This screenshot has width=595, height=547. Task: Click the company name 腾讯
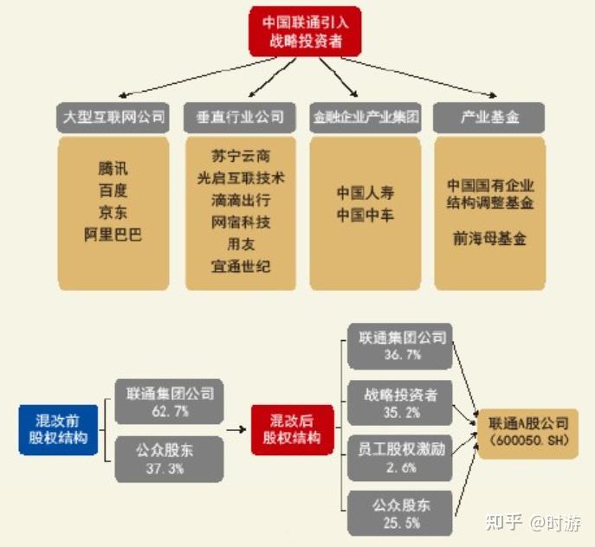pos(113,169)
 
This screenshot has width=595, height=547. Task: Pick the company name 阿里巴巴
pos(113,235)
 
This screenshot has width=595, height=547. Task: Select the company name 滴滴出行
pos(240,200)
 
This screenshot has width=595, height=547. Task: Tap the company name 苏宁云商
pos(240,157)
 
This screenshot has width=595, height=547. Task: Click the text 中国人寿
pos(365,192)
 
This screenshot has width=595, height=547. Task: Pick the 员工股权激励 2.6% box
pos(400,458)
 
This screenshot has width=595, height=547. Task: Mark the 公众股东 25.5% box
pos(400,512)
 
